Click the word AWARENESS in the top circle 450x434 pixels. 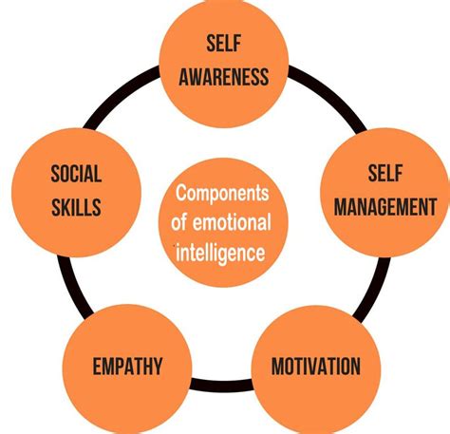tap(224, 77)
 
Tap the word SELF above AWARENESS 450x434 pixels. tap(224, 43)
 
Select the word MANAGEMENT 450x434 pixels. tap(385, 207)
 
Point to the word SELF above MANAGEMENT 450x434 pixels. tap(385, 173)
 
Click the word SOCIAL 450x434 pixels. tap(76, 174)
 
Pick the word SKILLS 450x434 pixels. tap(76, 207)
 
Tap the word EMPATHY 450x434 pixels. tap(127, 367)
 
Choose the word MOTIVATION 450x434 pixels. tap(316, 367)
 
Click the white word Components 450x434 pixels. tap(222, 193)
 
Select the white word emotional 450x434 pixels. tap(232, 222)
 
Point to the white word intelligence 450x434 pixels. tap(220, 253)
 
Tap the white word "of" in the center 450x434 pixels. tap(178, 222)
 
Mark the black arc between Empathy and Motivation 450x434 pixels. tap(222, 385)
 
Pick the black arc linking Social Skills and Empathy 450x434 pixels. tap(72, 287)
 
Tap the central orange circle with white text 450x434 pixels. tap(223, 222)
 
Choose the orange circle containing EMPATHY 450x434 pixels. tap(127, 369)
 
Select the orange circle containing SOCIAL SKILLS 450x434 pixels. tap(76, 192)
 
